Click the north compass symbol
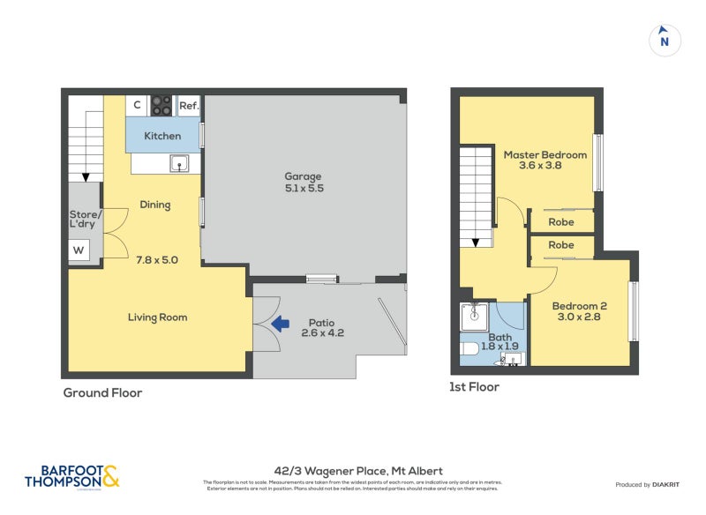pyautogui.click(x=665, y=40)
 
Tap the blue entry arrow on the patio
pyautogui.click(x=281, y=324)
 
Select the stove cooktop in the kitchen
pyautogui.click(x=161, y=106)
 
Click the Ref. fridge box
pyautogui.click(x=188, y=106)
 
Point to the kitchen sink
pyautogui.click(x=179, y=163)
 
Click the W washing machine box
pyautogui.click(x=79, y=250)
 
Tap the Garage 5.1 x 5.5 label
pyautogui.click(x=303, y=182)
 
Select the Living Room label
pyautogui.click(x=157, y=317)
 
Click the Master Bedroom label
pyautogui.click(x=545, y=160)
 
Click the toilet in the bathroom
pyautogui.click(x=471, y=349)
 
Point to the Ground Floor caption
pyautogui.click(x=102, y=393)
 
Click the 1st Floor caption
pyautogui.click(x=475, y=387)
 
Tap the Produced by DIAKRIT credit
pyautogui.click(x=651, y=485)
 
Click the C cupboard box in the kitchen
pyautogui.click(x=137, y=106)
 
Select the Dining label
pyautogui.click(x=154, y=205)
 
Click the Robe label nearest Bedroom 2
pyautogui.click(x=561, y=245)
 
